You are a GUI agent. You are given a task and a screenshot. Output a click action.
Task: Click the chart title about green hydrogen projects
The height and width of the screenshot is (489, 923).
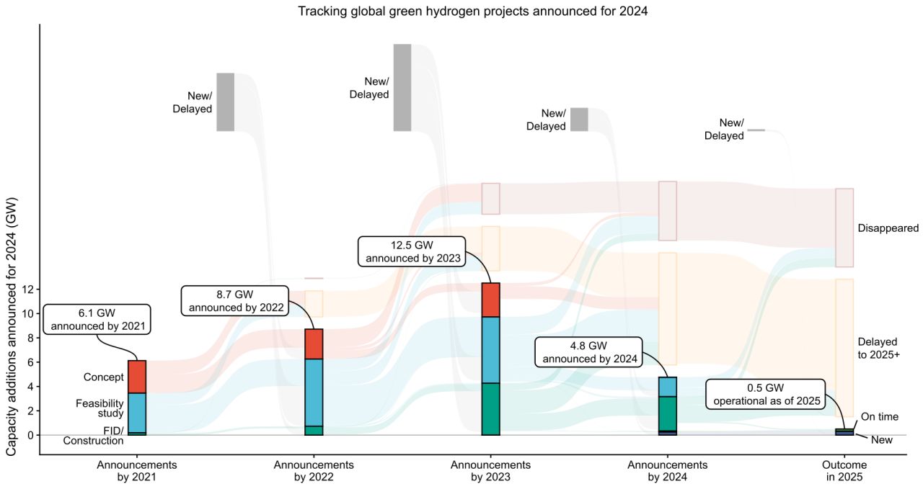click(461, 11)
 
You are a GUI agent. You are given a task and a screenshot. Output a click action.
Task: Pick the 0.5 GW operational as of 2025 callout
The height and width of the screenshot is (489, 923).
click(765, 394)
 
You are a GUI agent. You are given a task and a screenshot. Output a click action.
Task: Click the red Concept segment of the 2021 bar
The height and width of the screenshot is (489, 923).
click(137, 377)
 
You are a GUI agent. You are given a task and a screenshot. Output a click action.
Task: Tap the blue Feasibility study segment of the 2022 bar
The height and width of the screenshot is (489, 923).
click(314, 392)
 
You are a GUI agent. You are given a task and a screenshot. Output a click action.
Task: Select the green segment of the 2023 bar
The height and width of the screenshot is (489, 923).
click(490, 408)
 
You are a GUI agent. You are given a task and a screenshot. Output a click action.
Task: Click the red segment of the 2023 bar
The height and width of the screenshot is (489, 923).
click(490, 300)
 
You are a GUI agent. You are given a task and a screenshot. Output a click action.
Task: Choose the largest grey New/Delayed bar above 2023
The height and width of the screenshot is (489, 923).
click(402, 87)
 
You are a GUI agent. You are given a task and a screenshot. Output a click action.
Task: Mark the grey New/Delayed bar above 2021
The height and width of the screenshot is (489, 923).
click(226, 102)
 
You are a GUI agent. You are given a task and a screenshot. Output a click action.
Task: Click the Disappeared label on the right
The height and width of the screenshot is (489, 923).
click(888, 228)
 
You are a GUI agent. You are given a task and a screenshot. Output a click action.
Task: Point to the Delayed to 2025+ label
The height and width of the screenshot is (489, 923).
click(878, 349)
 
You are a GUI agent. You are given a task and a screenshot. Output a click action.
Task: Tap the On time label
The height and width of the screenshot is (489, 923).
click(879, 417)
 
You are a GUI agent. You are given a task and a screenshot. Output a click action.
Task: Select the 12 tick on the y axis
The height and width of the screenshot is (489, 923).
click(28, 289)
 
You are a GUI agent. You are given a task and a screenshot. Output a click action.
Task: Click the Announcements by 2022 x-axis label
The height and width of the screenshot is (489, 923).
click(314, 470)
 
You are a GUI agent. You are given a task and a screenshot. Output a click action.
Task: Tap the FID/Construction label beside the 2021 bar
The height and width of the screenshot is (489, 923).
click(103, 436)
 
